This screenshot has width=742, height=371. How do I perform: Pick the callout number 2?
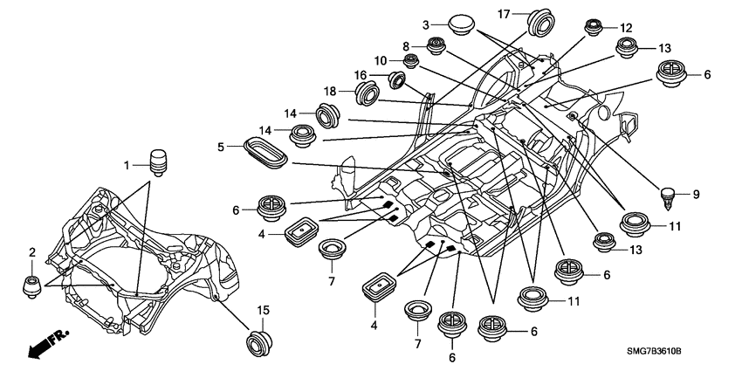(32, 252)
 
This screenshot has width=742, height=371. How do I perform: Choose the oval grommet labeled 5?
(266, 149)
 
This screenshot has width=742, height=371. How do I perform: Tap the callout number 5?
(223, 147)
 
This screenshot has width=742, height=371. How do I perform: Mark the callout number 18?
(331, 92)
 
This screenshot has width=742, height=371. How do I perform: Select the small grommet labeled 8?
(436, 46)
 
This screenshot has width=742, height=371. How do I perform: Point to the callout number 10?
(381, 59)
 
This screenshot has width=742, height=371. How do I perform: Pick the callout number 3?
(427, 24)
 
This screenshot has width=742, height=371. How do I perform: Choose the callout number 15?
(263, 311)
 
